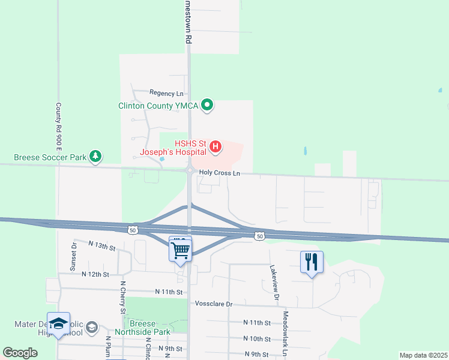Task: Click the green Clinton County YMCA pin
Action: [208, 106]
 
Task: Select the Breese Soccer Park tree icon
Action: [95, 157]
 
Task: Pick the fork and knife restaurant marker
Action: [312, 262]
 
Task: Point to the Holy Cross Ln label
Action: [220, 173]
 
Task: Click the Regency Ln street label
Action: [166, 94]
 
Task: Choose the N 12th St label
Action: [98, 274]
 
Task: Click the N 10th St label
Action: [258, 339]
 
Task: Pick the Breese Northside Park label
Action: [150, 328]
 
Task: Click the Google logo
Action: [20, 353]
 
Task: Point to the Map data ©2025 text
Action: [423, 355]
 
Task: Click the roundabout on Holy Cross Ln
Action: [189, 171]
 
